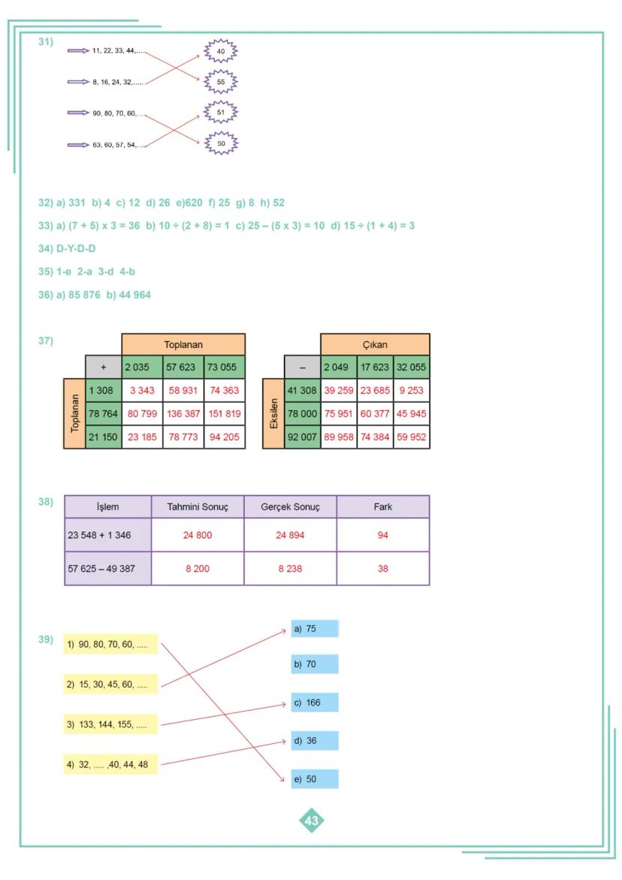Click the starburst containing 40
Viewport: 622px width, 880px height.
(221, 51)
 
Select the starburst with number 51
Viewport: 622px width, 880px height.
(221, 112)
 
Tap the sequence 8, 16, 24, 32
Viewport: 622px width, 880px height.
(117, 82)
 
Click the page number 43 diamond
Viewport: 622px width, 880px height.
(312, 821)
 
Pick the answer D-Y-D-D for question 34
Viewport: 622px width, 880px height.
(76, 249)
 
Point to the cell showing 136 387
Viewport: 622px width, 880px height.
(183, 413)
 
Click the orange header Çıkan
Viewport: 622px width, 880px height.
(375, 345)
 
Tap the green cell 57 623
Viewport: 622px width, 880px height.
(183, 367)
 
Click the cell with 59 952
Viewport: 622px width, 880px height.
(411, 437)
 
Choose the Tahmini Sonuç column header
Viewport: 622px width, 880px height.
(198, 507)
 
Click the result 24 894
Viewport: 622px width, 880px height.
(290, 536)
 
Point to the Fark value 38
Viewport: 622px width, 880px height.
(382, 569)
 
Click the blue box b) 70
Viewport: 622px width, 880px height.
(315, 664)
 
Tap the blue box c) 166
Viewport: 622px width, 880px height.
(315, 703)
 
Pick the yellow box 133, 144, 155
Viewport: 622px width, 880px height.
(111, 725)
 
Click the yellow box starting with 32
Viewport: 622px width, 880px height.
(111, 765)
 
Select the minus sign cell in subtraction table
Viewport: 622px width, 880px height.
(302, 367)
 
